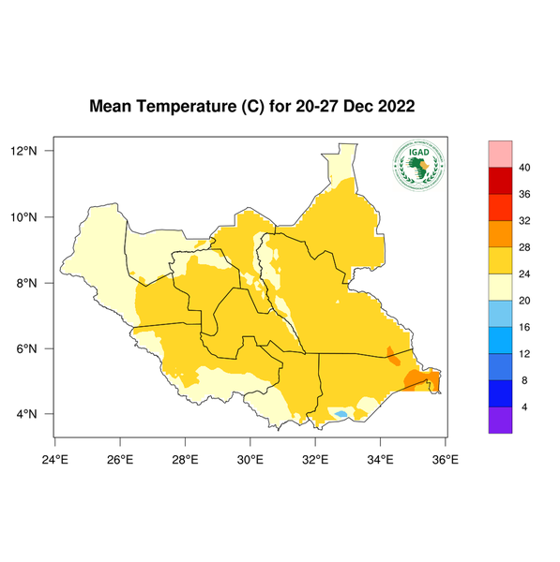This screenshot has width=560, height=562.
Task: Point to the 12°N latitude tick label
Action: pyautogui.click(x=23, y=151)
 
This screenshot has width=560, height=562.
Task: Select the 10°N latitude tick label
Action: pyautogui.click(x=23, y=217)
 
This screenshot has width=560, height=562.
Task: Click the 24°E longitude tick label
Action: pyautogui.click(x=55, y=459)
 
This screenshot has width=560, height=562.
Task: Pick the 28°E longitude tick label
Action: pyautogui.click(x=185, y=459)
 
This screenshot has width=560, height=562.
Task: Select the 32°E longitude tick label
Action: pyautogui.click(x=315, y=459)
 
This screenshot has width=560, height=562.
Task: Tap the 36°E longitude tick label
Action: pyautogui.click(x=445, y=459)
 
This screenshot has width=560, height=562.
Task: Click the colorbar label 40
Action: pyautogui.click(x=525, y=168)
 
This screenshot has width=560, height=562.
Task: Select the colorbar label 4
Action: pyautogui.click(x=522, y=407)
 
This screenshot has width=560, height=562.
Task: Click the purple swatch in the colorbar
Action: pyautogui.click(x=500, y=421)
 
